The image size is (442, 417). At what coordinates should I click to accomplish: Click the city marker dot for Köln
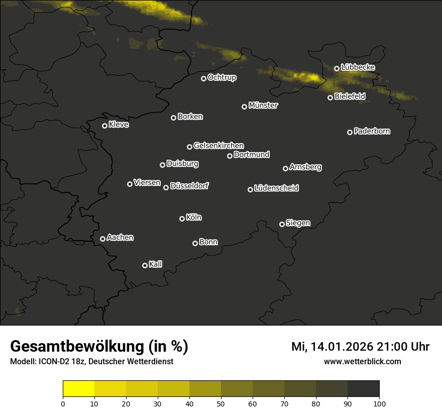182,219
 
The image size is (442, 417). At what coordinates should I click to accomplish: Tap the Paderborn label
372,131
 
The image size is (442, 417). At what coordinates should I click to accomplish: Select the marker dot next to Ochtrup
203,78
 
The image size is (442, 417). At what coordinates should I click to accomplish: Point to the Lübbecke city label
358,67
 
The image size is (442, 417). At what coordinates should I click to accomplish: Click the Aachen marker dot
102,239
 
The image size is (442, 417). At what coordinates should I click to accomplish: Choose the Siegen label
298,223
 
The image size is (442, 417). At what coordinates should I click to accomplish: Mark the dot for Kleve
104,126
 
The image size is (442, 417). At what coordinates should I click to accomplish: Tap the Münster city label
263,106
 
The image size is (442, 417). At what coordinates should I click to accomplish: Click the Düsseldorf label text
189,186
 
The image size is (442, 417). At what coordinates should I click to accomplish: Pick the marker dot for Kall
145,265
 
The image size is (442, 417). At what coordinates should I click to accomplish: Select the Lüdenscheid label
276,188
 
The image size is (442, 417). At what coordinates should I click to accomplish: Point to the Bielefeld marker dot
330,97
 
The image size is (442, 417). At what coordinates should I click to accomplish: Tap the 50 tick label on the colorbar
221,403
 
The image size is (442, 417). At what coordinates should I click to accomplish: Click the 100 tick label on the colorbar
379,403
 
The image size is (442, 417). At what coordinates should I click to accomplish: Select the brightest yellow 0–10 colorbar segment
78,388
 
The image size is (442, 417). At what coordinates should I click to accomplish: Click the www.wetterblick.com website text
362,361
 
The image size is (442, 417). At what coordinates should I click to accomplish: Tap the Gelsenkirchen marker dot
189,147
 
